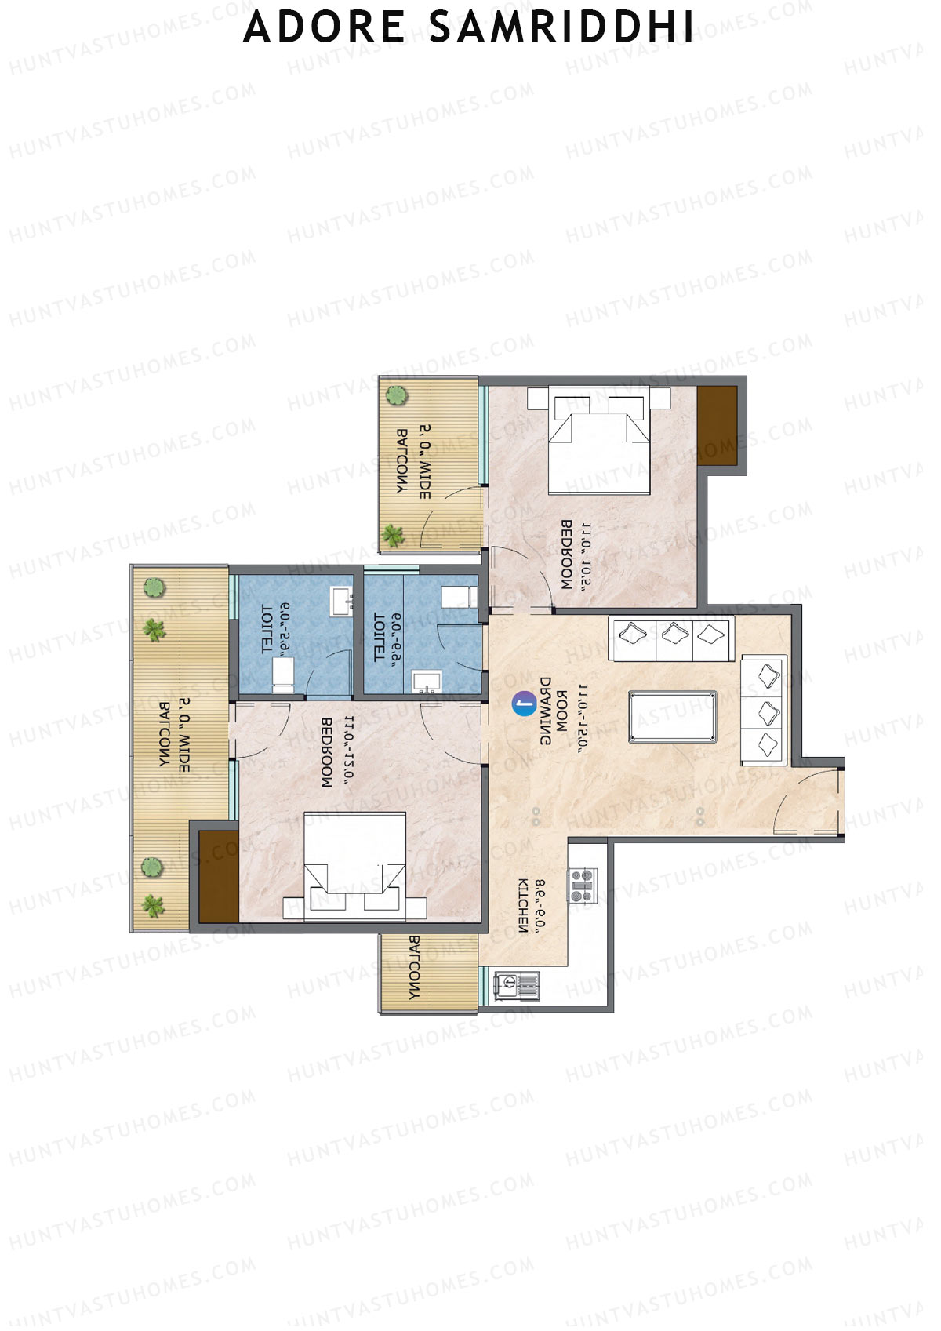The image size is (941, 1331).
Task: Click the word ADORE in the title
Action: point(324,27)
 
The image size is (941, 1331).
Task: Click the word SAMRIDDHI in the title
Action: point(561,27)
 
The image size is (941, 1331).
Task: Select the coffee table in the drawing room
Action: point(672,715)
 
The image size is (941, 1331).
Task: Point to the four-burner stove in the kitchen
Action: point(582,886)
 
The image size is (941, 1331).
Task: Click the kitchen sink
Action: point(516,985)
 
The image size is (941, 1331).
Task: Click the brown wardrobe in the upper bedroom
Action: point(718,425)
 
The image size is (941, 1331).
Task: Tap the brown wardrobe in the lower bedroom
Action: point(218,876)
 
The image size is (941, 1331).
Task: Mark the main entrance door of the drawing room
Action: point(808,800)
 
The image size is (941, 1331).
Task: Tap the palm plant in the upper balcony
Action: point(392,536)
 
